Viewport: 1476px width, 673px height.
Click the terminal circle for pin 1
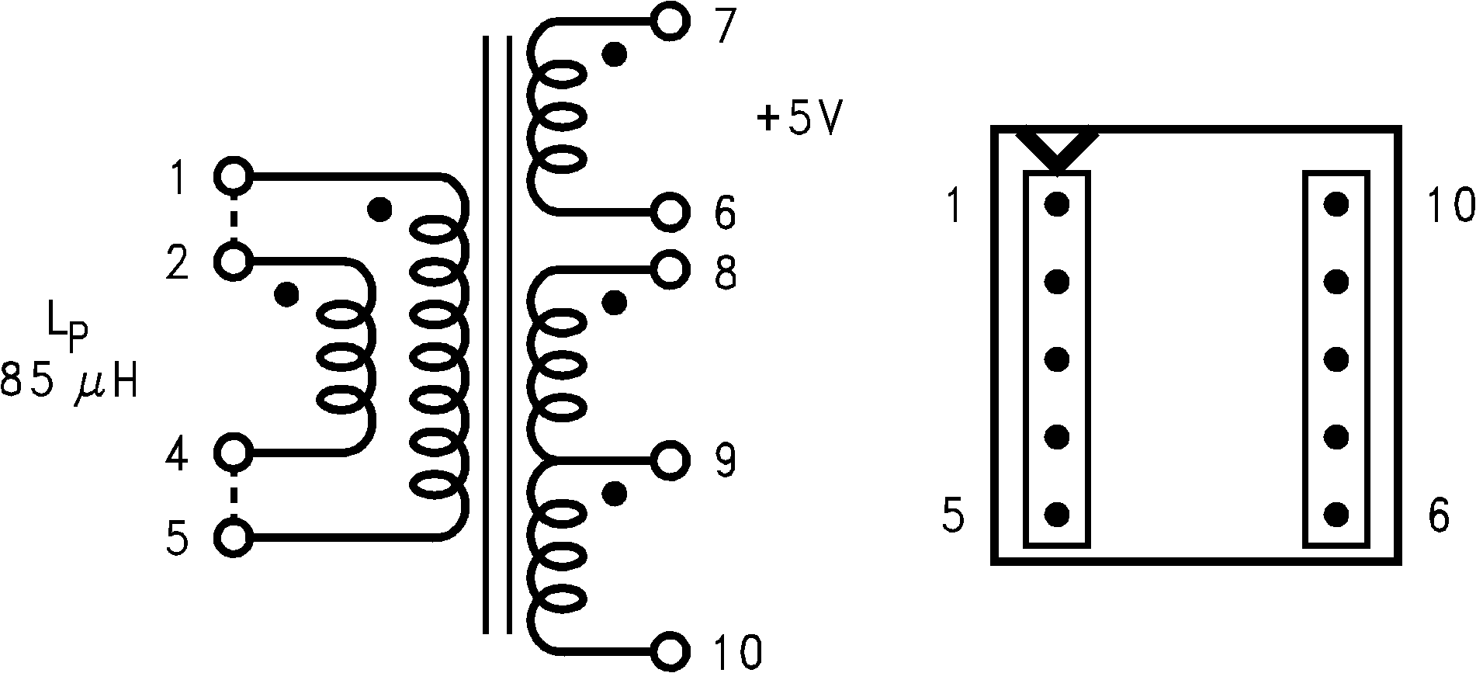pos(232,178)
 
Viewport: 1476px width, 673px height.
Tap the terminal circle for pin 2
pos(232,261)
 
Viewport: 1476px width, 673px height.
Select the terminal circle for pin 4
pos(232,452)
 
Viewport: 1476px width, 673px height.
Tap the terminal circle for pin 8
pos(670,269)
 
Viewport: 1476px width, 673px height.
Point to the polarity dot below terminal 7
pos(615,54)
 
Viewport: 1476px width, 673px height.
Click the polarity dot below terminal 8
pos(615,303)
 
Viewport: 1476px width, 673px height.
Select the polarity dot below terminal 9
pos(615,493)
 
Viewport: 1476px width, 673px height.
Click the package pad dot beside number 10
pos(1336,204)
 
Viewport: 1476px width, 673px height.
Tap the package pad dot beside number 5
pos(1056,514)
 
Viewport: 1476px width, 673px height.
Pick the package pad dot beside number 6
pos(1336,514)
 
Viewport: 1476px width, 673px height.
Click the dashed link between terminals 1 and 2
pos(232,220)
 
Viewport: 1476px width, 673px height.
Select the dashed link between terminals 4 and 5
pos(232,494)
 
